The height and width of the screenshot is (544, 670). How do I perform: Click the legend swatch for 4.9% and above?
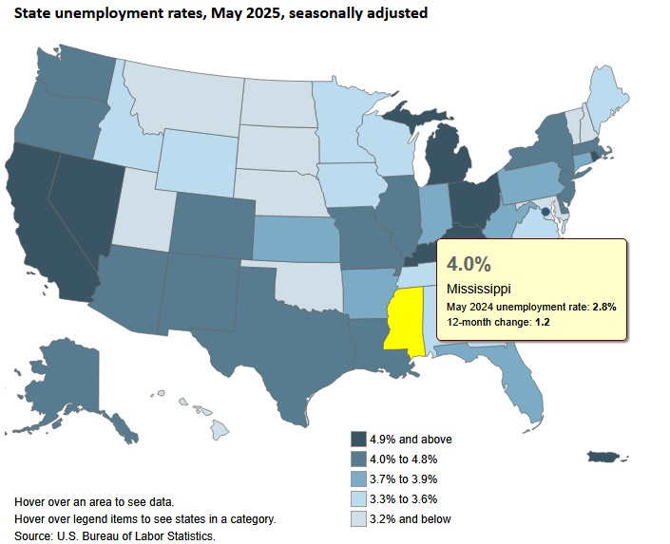358,439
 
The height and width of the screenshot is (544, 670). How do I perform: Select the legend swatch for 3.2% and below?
358,518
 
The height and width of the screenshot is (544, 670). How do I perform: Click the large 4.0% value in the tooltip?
469,262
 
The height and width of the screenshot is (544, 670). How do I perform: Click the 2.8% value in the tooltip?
603,307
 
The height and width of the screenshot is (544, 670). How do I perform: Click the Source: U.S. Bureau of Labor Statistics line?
115,535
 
